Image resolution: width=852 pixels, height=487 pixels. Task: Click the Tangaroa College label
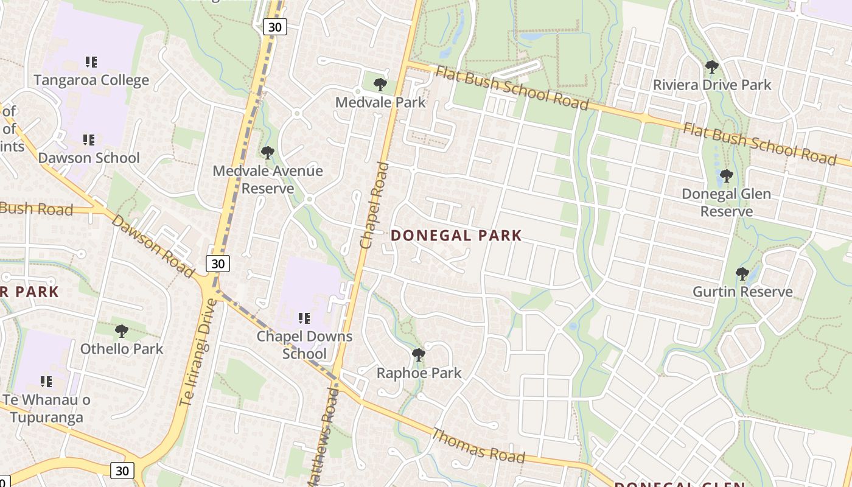point(91,80)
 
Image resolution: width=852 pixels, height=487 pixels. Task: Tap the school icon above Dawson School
point(89,140)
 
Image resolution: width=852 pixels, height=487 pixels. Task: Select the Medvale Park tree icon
point(380,84)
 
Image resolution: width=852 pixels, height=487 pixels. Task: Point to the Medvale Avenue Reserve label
point(267,180)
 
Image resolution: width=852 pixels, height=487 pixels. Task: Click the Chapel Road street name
point(374,205)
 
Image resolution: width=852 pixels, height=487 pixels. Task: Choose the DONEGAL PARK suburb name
point(456,236)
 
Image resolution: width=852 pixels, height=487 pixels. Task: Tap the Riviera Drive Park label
point(712,85)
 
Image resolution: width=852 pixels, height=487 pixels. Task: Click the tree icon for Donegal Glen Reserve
point(725,177)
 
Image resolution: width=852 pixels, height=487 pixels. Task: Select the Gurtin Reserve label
point(742,292)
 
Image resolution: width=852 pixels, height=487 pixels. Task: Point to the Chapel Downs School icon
point(304,318)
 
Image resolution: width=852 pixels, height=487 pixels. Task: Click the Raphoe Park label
point(419,373)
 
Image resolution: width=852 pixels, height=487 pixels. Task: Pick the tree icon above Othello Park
point(122,331)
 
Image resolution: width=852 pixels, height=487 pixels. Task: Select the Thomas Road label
point(478,445)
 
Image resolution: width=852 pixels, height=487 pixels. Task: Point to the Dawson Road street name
point(152,246)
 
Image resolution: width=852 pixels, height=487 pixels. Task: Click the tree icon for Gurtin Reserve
point(742,274)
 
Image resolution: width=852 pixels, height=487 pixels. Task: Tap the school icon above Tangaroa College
point(91,61)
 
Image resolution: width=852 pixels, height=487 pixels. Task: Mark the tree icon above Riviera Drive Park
point(711,67)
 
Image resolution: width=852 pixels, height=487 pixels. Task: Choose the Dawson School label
point(89,158)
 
